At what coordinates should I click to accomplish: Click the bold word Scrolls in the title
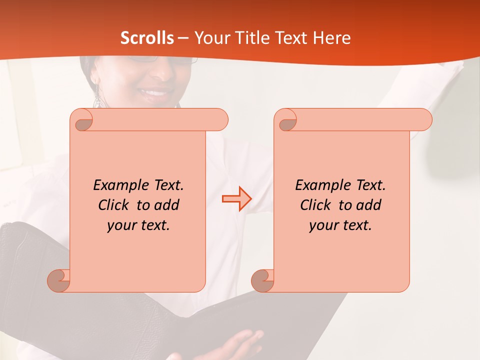[x=147, y=38]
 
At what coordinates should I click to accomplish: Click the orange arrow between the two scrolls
[x=237, y=199]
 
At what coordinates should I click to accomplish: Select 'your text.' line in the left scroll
[x=138, y=225]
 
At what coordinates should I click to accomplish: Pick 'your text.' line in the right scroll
[x=340, y=225]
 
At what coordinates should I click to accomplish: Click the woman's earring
[x=97, y=96]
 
